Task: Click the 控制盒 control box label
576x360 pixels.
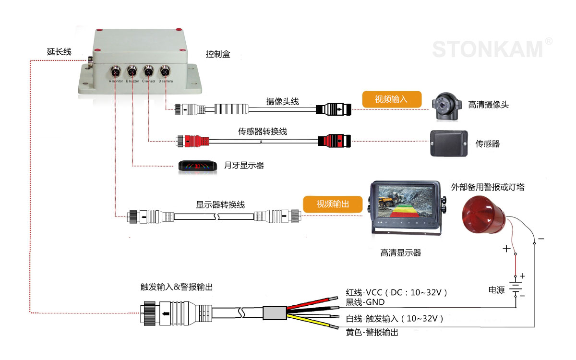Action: tap(218, 54)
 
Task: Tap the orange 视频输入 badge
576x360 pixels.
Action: tap(391, 99)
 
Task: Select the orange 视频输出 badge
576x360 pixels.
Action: tap(333, 204)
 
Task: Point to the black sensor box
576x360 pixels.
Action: tap(448, 143)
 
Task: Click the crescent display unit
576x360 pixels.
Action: tap(196, 166)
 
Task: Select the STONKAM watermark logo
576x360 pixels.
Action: tap(488, 49)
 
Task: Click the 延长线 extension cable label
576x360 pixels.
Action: tap(59, 51)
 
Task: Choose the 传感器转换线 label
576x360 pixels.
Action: tap(263, 131)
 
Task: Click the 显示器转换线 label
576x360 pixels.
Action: tap(220, 204)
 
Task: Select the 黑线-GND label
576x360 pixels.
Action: tap(365, 302)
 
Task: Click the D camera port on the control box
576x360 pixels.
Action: tap(165, 72)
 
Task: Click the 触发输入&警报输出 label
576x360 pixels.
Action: tap(176, 287)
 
